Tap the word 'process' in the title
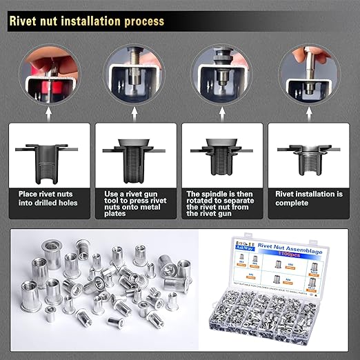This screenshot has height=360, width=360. coord(141,21)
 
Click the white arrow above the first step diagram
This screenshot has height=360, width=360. coord(48,110)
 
